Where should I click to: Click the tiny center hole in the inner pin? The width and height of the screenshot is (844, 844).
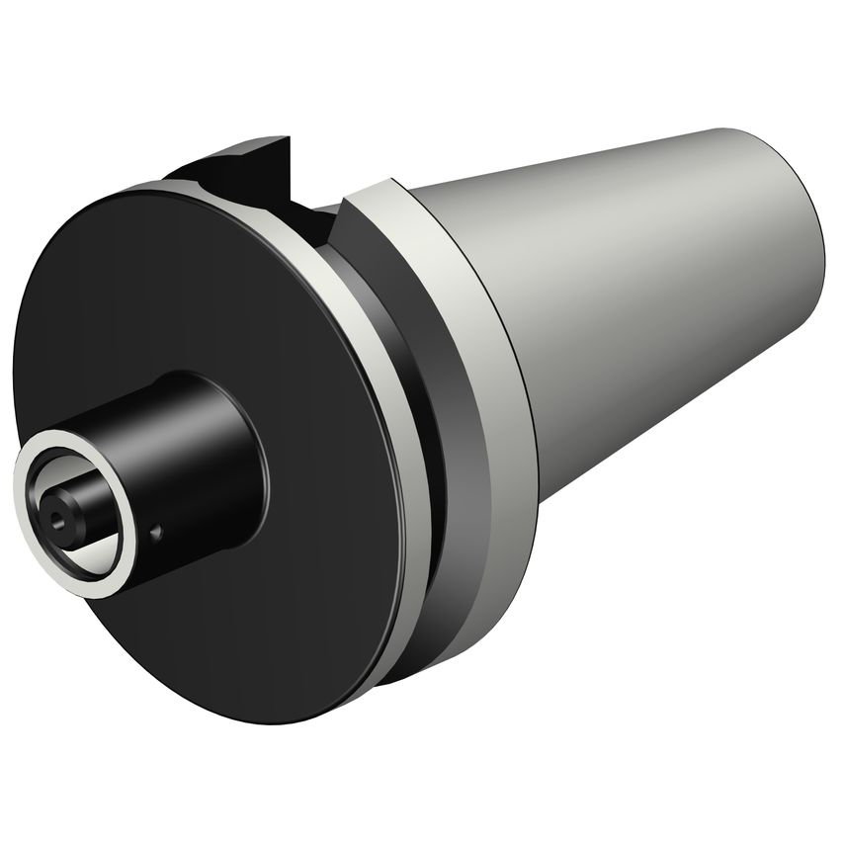(x=56, y=515)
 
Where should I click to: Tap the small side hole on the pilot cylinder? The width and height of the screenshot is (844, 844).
(x=155, y=534)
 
